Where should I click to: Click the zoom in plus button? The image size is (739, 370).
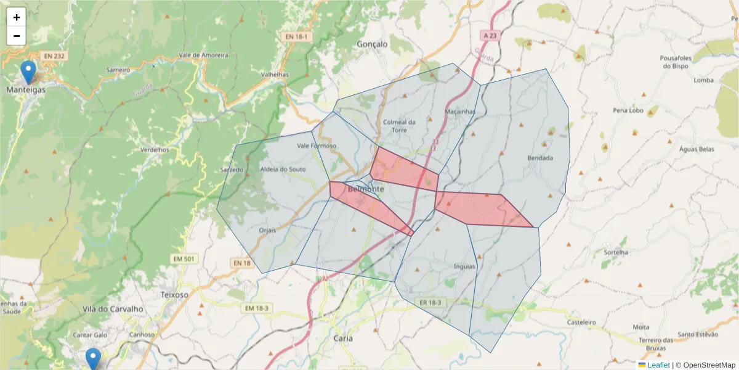pyautogui.click(x=17, y=17)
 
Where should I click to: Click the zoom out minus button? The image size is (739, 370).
pyautogui.click(x=17, y=36)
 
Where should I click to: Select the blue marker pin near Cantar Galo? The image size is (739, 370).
pyautogui.click(x=93, y=358)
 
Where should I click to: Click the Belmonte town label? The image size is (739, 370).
pyautogui.click(x=366, y=189)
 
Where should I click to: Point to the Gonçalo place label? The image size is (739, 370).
pyautogui.click(x=373, y=44)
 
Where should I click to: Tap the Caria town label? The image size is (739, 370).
pyautogui.click(x=342, y=339)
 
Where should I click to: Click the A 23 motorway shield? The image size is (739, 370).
pyautogui.click(x=490, y=36)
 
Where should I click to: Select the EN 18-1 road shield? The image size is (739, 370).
pyautogui.click(x=299, y=37)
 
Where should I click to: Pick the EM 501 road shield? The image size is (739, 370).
pyautogui.click(x=185, y=259)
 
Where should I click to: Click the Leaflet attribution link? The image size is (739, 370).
pyautogui.click(x=658, y=365)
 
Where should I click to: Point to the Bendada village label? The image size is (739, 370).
pyautogui.click(x=540, y=158)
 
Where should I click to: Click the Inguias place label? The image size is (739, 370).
pyautogui.click(x=464, y=267)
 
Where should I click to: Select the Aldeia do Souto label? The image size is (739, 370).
pyautogui.click(x=283, y=169)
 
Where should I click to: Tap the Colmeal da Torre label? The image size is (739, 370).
pyautogui.click(x=399, y=126)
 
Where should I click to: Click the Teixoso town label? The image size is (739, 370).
pyautogui.click(x=174, y=295)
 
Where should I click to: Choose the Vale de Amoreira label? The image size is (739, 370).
pyautogui.click(x=203, y=55)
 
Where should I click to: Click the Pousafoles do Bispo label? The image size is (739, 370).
pyautogui.click(x=677, y=62)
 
